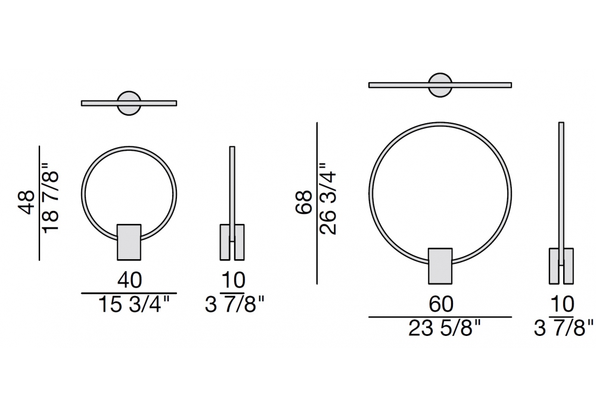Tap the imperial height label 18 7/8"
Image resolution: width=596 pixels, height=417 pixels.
pyautogui.click(x=51, y=198)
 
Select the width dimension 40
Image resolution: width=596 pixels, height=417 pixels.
pyautogui.click(x=129, y=280)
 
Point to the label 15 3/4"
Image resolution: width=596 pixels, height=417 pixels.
pyautogui.click(x=134, y=304)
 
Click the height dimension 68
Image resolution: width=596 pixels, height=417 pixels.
pyautogui.click(x=305, y=203)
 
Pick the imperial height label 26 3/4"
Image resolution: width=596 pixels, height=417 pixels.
pyautogui.click(x=328, y=199)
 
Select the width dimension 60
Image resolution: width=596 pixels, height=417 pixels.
pyautogui.click(x=441, y=304)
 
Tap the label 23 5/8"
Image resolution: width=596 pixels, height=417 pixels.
pyautogui.click(x=445, y=328)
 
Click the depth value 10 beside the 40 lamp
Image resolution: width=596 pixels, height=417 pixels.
pyautogui.click(x=234, y=280)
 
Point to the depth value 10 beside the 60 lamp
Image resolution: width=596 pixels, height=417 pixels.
pyautogui.click(x=562, y=304)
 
